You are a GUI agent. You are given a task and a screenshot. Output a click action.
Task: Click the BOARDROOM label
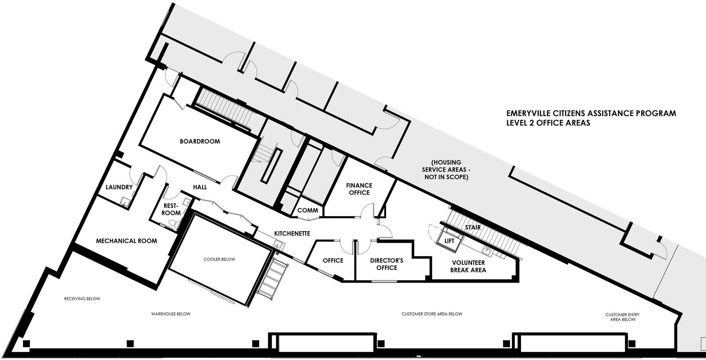coord(200,141)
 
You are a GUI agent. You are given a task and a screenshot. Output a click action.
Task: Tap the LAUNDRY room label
coord(119,187)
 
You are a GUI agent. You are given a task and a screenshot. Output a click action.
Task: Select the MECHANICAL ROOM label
coord(127,241)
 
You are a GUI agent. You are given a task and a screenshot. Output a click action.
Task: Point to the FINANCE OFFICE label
coord(359,189)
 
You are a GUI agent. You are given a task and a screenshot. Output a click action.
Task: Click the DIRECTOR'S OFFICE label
coord(387,264)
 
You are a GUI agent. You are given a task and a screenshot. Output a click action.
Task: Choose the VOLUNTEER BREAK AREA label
coord(468,266)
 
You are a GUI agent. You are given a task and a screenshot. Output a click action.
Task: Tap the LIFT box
coord(449,241)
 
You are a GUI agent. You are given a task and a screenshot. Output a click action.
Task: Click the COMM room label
coord(308,210)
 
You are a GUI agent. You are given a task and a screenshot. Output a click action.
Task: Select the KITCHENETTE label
coord(292,234)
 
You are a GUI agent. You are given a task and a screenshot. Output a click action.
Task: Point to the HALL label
coord(200,187)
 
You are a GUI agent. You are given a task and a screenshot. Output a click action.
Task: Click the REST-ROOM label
coord(171,210)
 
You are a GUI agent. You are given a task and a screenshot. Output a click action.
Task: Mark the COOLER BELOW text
coord(219,259)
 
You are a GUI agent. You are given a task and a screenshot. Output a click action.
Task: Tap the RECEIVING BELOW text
coord(82,299)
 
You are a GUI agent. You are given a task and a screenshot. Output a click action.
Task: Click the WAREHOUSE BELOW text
coord(171,314)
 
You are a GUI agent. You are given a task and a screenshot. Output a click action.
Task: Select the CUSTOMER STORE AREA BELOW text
coord(432,314)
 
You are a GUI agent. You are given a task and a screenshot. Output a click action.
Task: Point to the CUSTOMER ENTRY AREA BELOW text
coord(622,317)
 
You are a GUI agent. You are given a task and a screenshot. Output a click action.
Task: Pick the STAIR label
coord(473,227)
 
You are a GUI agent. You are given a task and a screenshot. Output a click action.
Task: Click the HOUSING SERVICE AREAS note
coord(446,170)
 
